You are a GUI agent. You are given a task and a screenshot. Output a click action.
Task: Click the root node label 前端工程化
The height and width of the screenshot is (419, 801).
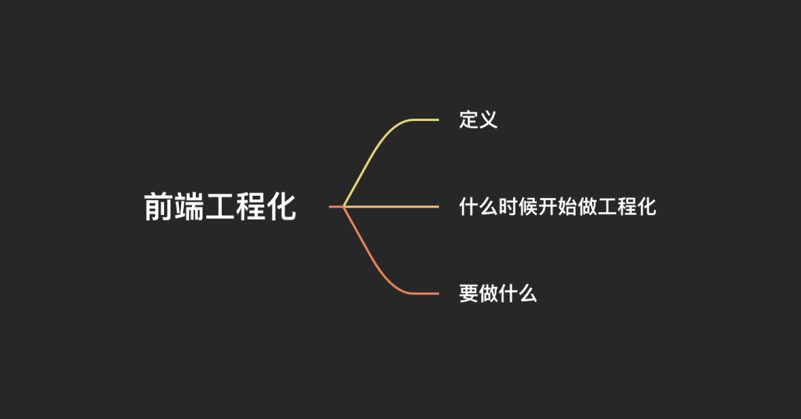(220, 207)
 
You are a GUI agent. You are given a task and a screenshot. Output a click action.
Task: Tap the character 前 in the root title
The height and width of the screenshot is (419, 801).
(159, 207)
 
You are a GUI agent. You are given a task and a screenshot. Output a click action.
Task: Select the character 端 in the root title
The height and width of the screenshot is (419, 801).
(189, 207)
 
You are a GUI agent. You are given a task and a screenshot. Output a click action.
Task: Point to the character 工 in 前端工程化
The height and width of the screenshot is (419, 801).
(220, 207)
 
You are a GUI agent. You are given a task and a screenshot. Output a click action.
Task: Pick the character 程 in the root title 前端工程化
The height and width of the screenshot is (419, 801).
(251, 207)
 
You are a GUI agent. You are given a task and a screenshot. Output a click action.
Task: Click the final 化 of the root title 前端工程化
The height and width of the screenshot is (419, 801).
(281, 207)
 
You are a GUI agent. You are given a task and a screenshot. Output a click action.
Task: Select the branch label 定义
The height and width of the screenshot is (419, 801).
(478, 119)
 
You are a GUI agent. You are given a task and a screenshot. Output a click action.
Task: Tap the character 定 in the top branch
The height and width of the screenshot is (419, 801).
(469, 119)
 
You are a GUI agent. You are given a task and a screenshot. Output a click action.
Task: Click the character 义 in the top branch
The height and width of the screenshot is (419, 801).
(488, 119)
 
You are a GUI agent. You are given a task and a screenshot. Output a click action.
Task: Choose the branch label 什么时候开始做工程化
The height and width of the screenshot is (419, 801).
(558, 206)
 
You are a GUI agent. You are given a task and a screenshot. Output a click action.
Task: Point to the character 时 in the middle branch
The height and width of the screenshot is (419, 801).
(508, 206)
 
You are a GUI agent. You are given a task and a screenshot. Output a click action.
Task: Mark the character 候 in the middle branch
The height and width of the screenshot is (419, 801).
(528, 206)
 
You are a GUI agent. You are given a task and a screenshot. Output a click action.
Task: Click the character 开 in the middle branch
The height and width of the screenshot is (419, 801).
(548, 206)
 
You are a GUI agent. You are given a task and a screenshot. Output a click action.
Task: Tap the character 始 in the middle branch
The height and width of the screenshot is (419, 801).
(567, 206)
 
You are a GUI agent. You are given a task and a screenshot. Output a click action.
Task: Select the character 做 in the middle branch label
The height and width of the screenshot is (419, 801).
(587, 206)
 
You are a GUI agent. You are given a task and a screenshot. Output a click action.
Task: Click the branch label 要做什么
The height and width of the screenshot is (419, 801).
(498, 294)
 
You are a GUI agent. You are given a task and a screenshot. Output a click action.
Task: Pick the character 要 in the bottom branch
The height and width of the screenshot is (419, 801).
(469, 294)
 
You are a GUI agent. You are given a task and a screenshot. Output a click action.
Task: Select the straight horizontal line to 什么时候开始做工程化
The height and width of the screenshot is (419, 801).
(393, 206)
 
